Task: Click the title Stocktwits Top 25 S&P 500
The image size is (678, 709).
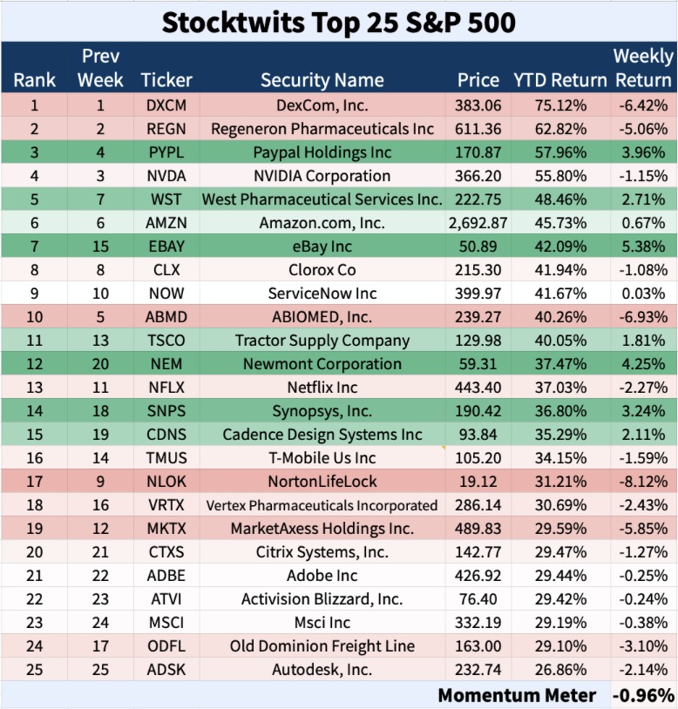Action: click(x=339, y=21)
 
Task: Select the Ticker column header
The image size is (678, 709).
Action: click(x=166, y=80)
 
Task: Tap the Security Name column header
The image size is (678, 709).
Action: click(x=322, y=80)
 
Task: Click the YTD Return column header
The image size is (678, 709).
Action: click(x=559, y=80)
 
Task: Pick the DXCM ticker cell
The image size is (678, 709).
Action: click(x=166, y=105)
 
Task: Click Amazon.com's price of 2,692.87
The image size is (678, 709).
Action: click(x=478, y=223)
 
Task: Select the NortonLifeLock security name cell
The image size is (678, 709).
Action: click(x=322, y=482)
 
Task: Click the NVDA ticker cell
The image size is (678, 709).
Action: click(x=166, y=176)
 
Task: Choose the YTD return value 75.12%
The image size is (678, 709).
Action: click(x=559, y=105)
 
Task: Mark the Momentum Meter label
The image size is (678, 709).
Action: click(x=517, y=695)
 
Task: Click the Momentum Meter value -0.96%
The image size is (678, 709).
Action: click(x=643, y=695)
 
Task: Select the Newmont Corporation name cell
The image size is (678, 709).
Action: click(x=322, y=364)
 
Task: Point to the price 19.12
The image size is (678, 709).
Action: click(x=478, y=482)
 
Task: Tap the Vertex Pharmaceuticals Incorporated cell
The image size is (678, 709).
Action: click(x=322, y=505)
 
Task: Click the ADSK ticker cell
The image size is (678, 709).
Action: click(x=166, y=670)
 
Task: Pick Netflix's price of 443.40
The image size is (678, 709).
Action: click(x=478, y=388)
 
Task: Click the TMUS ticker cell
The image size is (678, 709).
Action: click(x=166, y=458)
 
